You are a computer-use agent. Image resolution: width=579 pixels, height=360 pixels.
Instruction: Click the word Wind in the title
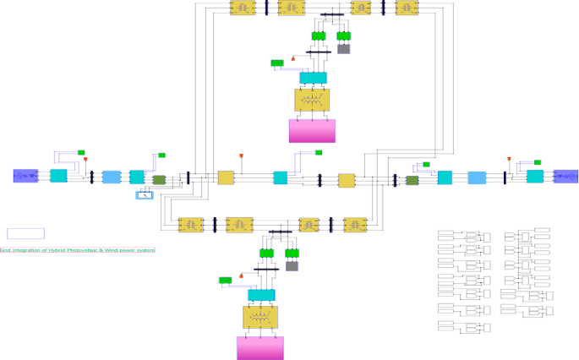tap(110, 250)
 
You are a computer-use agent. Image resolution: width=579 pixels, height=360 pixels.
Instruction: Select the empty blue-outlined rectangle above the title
tap(25, 233)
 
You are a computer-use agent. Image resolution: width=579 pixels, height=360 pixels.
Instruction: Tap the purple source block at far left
tap(26, 176)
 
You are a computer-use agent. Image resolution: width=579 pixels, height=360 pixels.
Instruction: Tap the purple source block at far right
tap(565, 176)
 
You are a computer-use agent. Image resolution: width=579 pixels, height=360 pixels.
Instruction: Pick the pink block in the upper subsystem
tap(312, 130)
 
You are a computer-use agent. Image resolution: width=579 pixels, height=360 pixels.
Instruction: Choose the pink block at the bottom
tap(259, 347)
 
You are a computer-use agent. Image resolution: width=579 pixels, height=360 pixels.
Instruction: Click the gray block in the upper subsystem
tap(343, 49)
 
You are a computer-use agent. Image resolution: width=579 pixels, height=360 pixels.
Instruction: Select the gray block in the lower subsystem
tap(292, 266)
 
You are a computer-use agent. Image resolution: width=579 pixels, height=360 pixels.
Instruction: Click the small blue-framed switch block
tap(145, 195)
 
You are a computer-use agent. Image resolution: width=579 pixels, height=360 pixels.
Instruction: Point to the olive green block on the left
tap(159, 179)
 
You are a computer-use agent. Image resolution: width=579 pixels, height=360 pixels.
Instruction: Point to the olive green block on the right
tap(412, 180)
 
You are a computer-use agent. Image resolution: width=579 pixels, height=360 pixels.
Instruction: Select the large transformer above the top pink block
tap(312, 100)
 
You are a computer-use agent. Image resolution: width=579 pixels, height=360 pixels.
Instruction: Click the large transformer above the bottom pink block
tap(259, 317)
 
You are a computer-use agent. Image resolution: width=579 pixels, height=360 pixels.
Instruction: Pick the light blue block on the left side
tap(112, 177)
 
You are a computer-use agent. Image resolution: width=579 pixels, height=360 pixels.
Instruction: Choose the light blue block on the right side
tap(477, 177)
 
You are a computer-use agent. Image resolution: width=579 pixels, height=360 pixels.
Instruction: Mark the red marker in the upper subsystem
tap(293, 57)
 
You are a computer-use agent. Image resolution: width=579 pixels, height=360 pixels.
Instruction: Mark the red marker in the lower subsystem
tap(242, 275)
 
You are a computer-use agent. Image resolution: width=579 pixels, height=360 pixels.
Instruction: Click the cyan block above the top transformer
tap(313, 78)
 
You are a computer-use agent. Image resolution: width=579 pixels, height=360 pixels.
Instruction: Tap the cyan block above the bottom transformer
tap(261, 295)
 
